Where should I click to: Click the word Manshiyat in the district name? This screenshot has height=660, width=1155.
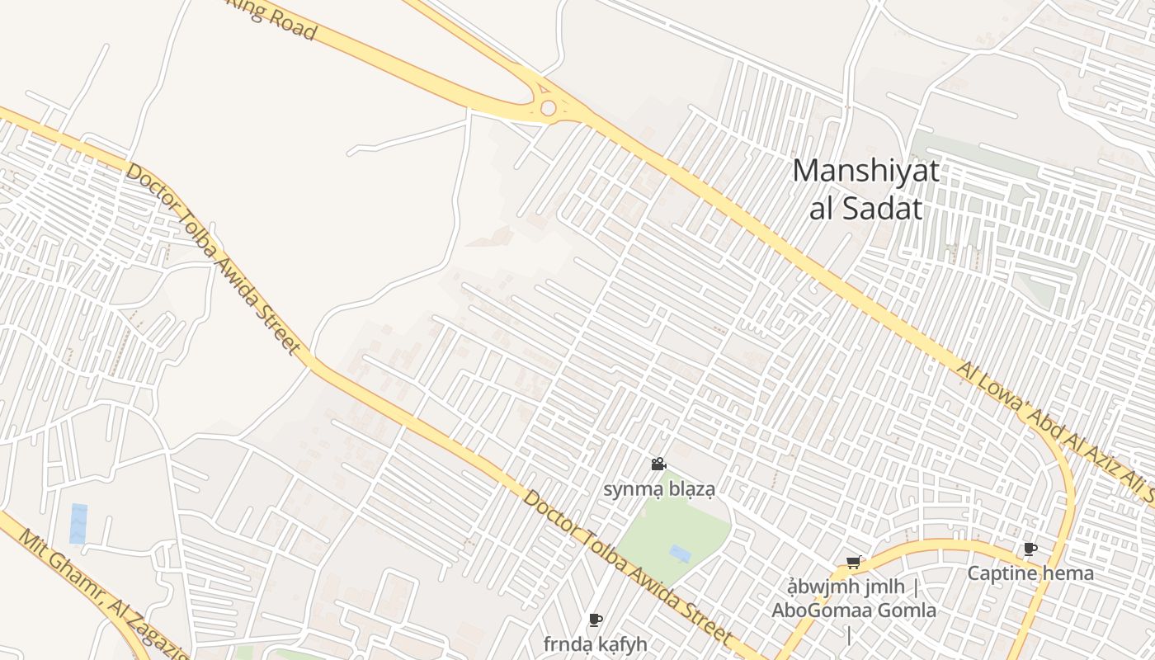pyautogui.click(x=865, y=172)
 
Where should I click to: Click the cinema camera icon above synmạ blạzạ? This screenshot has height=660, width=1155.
pyautogui.click(x=658, y=464)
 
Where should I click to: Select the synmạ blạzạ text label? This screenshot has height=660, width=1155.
pyautogui.click(x=658, y=488)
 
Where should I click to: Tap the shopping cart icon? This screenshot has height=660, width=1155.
pyautogui.click(x=854, y=563)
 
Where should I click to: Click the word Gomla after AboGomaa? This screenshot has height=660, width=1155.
pyautogui.click(x=909, y=610)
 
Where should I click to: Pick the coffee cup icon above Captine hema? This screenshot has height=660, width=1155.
pyautogui.click(x=1030, y=549)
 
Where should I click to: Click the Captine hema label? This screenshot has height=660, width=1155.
pyautogui.click(x=1030, y=573)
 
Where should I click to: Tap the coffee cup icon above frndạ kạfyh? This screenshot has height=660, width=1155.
pyautogui.click(x=596, y=620)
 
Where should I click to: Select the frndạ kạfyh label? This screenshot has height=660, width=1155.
pyautogui.click(x=595, y=643)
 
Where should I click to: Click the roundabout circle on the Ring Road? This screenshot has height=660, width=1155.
pyautogui.click(x=548, y=108)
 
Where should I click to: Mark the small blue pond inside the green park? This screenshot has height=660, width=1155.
pyautogui.click(x=681, y=553)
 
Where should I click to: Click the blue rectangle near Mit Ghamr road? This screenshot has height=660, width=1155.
pyautogui.click(x=78, y=524)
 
